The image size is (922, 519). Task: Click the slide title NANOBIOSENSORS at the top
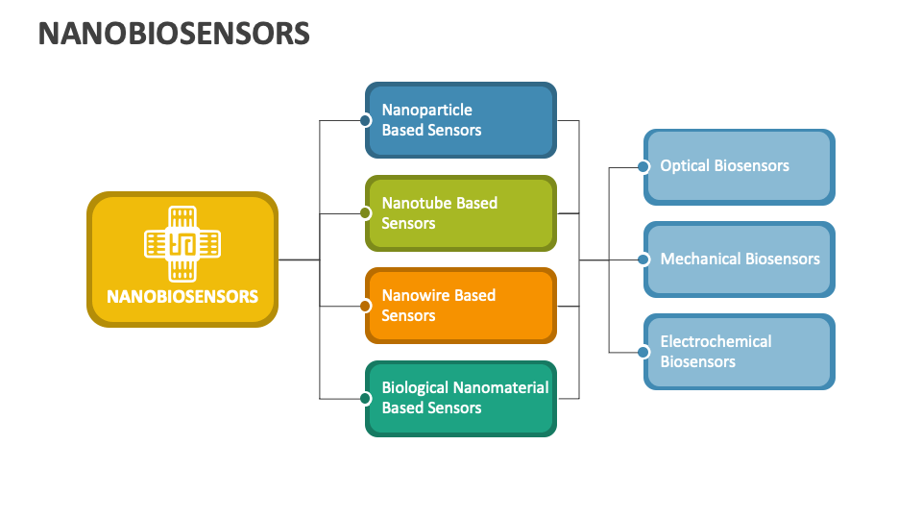click(174, 34)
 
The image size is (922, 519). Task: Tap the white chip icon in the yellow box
click(182, 244)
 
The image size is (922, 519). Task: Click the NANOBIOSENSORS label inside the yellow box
click(182, 296)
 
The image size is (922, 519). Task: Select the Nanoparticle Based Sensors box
click(461, 120)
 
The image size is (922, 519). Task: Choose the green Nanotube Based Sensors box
click(461, 213)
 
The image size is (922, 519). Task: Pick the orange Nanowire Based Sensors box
click(461, 306)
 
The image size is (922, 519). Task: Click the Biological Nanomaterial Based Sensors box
click(461, 398)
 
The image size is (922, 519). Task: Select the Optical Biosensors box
click(739, 166)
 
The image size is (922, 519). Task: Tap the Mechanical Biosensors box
click(739, 259)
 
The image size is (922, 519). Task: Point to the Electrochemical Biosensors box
click(739, 352)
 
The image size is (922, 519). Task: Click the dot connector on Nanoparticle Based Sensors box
click(365, 120)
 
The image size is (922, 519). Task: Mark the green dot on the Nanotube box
click(365, 213)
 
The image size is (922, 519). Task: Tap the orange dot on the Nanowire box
click(365, 306)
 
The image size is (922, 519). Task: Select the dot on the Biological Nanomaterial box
click(365, 398)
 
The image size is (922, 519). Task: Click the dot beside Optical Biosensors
click(643, 166)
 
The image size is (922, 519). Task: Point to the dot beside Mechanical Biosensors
click(643, 259)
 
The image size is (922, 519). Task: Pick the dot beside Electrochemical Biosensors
click(643, 352)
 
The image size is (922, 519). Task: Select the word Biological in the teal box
click(415, 387)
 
